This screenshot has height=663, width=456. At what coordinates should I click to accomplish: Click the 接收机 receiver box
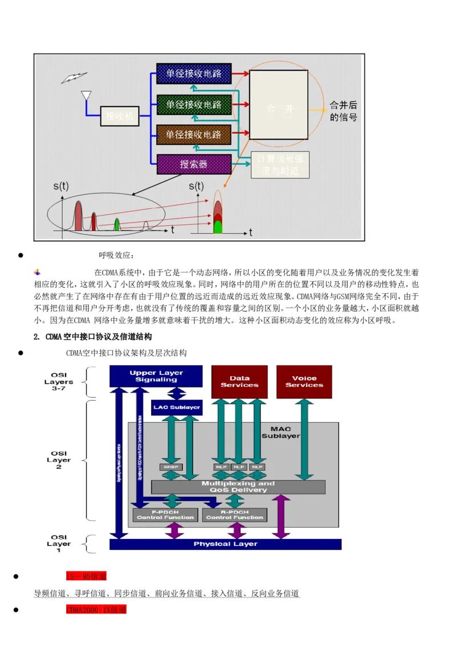tap(120, 116)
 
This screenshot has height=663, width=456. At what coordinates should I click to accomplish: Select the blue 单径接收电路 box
tap(194, 73)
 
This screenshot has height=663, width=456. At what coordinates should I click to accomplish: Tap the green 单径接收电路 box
tap(194, 105)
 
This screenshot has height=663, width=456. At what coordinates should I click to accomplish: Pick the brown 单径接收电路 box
tap(194, 135)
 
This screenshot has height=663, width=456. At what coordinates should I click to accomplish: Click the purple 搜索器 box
tap(194, 164)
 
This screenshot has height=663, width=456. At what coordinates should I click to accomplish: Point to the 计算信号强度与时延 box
tap(280, 165)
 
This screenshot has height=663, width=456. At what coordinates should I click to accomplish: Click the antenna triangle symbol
tap(86, 96)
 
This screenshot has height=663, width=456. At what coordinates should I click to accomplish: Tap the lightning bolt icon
tap(74, 78)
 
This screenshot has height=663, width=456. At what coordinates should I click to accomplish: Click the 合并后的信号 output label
tap(344, 111)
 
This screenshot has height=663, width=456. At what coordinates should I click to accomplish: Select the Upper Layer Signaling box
tap(156, 376)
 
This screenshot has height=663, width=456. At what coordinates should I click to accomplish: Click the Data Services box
tap(239, 381)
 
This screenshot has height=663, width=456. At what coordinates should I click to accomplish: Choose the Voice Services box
tap(304, 381)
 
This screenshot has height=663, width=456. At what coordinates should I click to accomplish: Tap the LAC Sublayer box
tap(177, 407)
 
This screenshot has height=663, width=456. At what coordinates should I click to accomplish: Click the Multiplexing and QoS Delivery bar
tap(238, 487)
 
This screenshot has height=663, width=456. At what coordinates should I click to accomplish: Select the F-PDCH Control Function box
tap(165, 514)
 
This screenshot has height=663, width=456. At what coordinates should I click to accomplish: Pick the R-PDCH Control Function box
tap(235, 514)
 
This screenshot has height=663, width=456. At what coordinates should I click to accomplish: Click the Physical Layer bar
tap(225, 544)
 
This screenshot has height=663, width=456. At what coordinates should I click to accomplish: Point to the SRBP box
tap(170, 467)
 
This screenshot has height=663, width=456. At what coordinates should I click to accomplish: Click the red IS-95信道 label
tap(86, 576)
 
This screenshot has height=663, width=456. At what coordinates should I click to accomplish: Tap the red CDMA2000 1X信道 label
tap(96, 610)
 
